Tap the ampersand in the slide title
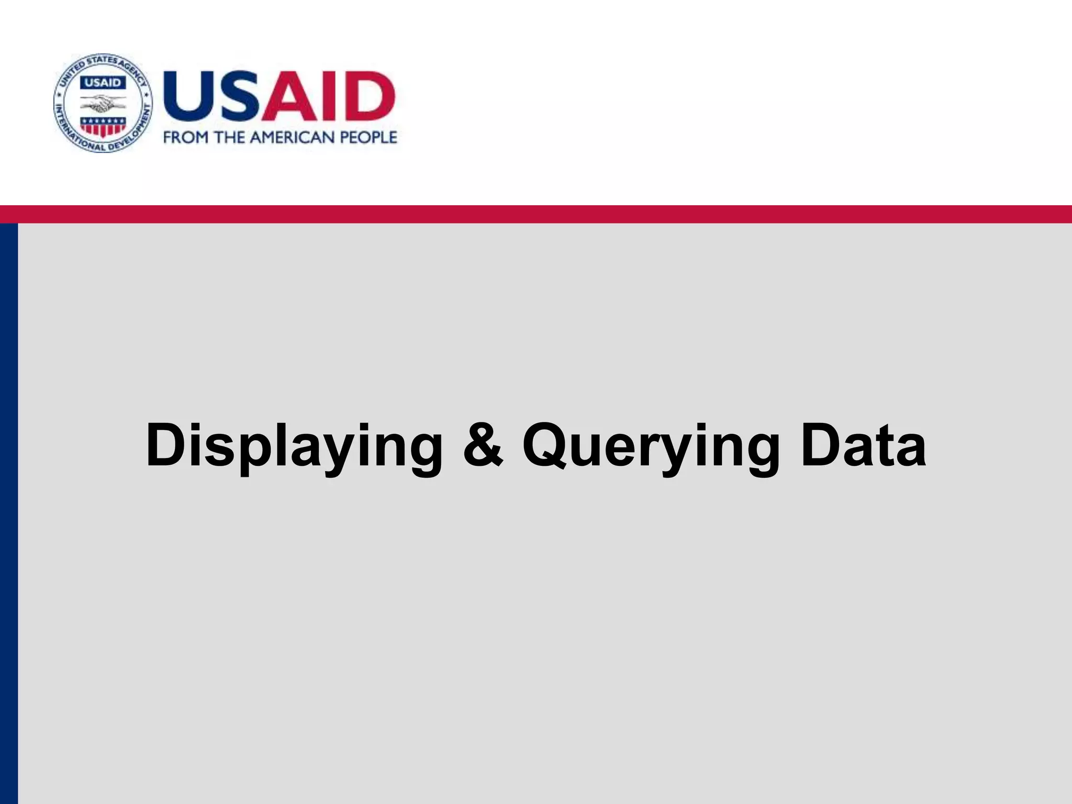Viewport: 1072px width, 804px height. (x=483, y=445)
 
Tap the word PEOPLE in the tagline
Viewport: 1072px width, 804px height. (x=368, y=138)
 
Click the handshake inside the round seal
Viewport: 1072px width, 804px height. (x=103, y=105)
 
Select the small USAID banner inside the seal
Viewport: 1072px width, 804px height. (x=103, y=83)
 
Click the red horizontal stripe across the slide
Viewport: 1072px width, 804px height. (x=536, y=214)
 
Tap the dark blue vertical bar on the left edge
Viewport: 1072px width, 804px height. (x=8, y=513)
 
